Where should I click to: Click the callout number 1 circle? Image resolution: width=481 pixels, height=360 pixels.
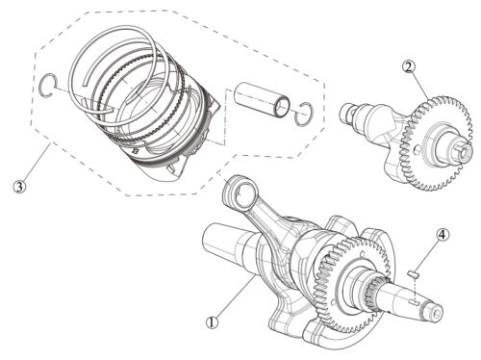point(212,322)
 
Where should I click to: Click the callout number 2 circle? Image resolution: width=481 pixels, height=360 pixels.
point(409,67)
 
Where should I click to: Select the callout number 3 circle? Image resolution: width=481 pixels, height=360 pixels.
point(19,187)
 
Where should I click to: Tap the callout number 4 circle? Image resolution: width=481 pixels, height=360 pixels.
point(443,235)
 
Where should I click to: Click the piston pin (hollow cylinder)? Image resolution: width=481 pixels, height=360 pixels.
point(262,100)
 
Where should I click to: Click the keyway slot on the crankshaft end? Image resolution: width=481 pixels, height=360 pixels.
point(414,302)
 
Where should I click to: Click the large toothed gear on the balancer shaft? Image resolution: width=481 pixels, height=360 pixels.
point(436,144)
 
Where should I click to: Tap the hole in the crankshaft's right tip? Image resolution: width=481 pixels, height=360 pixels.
point(436,313)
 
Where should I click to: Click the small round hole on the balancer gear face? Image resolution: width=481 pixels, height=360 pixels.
point(416,148)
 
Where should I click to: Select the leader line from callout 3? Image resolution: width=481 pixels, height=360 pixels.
point(36,163)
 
